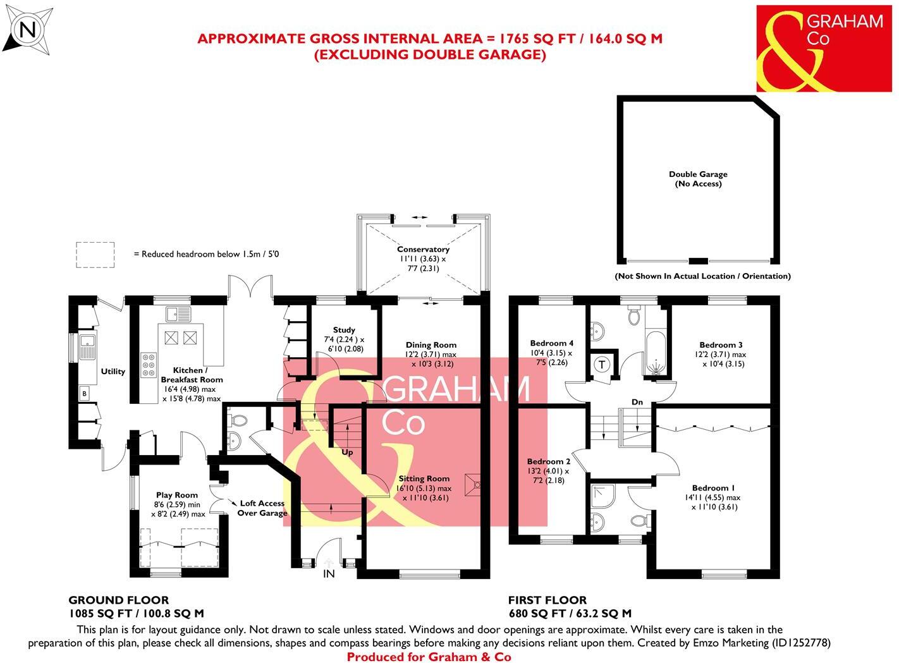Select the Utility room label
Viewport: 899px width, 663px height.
113,372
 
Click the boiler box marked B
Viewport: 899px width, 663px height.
84,393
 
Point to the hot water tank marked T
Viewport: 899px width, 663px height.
602,364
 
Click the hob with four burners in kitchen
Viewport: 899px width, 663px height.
149,365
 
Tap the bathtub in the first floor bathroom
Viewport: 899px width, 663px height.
656,353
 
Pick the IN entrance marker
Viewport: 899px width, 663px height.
329,574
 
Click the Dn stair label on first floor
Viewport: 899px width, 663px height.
637,402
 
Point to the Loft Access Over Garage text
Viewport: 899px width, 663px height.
262,508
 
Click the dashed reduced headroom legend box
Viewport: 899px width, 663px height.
95,254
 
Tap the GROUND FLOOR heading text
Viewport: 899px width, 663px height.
118,600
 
